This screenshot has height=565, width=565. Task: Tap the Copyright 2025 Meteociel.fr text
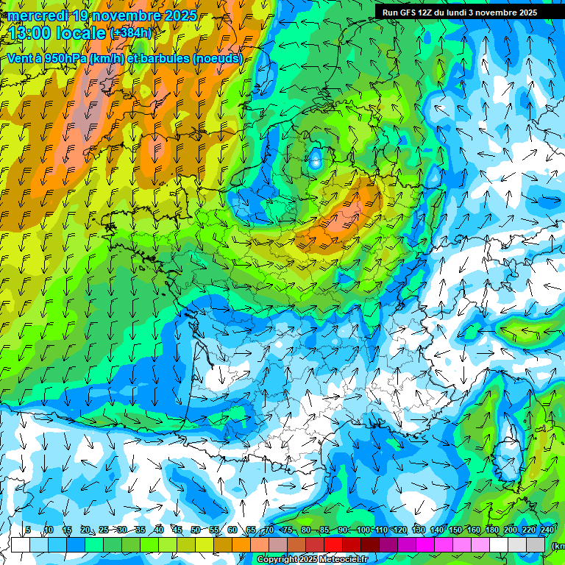[312, 560]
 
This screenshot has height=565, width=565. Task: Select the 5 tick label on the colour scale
[28, 530]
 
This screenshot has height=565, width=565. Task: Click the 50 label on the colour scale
[195, 530]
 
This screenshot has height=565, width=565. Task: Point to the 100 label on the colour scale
[363, 530]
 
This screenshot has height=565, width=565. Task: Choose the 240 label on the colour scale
[547, 530]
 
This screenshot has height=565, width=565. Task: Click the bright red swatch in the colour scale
[333, 544]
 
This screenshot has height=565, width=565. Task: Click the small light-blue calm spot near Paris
[316, 160]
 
